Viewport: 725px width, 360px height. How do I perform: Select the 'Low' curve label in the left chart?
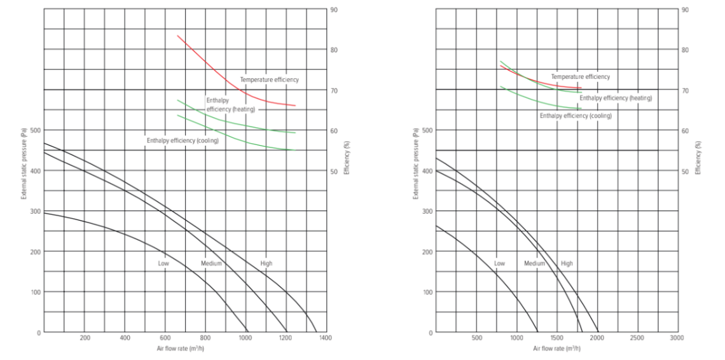164,263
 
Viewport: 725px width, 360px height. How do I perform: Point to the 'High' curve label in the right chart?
567,263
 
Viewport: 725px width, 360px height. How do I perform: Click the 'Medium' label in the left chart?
211,263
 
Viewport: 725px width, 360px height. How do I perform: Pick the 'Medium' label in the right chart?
535,263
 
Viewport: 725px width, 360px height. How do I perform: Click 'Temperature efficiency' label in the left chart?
269,80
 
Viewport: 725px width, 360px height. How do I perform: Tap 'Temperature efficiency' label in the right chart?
580,76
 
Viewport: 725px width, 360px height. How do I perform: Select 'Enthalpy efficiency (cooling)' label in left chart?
183,140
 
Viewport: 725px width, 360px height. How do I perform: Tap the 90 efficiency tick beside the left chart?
334,10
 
